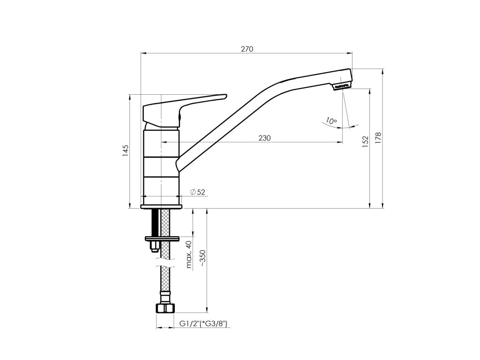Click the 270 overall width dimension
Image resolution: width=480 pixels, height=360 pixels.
click(x=247, y=49)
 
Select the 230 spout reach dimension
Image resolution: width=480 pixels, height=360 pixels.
click(x=264, y=138)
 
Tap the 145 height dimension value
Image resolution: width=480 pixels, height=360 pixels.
click(x=126, y=150)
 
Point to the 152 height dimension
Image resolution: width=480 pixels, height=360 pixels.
click(x=365, y=142)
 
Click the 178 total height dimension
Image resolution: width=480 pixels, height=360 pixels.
click(x=378, y=138)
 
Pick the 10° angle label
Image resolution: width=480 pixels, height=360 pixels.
click(x=331, y=120)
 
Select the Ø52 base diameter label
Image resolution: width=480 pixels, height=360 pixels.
click(x=197, y=192)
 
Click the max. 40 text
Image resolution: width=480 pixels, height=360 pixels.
click(x=189, y=255)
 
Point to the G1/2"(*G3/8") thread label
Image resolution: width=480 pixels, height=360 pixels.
click(x=203, y=323)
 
